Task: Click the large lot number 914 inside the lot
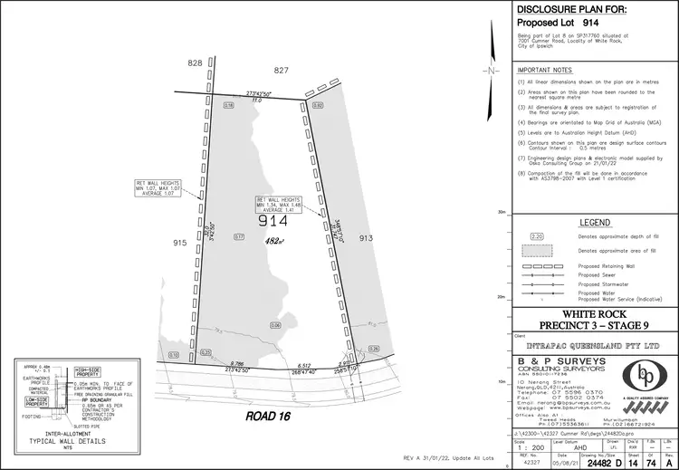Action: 273,221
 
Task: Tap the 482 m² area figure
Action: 275,242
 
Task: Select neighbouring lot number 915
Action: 178,243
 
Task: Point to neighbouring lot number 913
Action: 365,237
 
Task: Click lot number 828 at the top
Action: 195,63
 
